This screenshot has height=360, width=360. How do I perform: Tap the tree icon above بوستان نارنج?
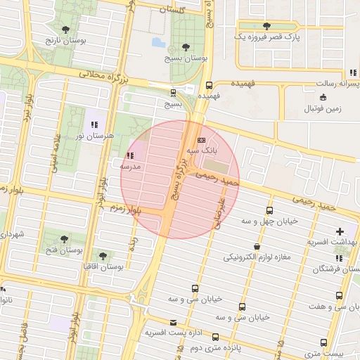(x=65, y=30)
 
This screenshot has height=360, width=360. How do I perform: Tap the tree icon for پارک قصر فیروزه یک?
(x=265, y=25)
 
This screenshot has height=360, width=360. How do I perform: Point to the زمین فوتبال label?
(x=322, y=109)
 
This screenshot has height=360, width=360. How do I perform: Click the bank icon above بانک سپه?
(x=202, y=139)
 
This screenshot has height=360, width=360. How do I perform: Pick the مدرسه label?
(x=130, y=166)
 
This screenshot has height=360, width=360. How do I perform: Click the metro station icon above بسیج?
(x=173, y=92)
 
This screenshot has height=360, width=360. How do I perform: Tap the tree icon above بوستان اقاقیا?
(x=103, y=256)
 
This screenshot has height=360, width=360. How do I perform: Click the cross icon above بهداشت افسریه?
(x=340, y=231)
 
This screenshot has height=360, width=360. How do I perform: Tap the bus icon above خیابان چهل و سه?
(x=269, y=210)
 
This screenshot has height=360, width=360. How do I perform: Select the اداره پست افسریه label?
(x=174, y=332)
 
